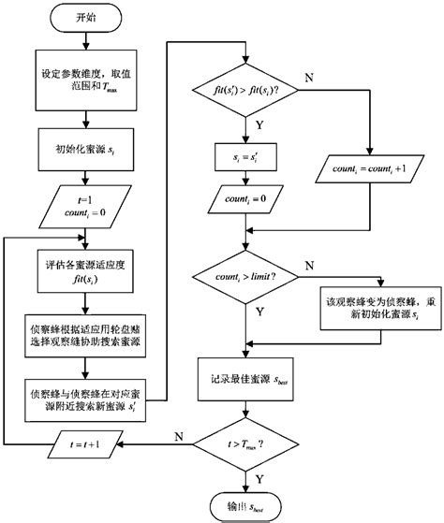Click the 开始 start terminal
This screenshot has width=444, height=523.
pos(85,16)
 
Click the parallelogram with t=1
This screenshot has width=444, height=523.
pos(84,204)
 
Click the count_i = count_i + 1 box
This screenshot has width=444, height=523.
pos(371,170)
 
